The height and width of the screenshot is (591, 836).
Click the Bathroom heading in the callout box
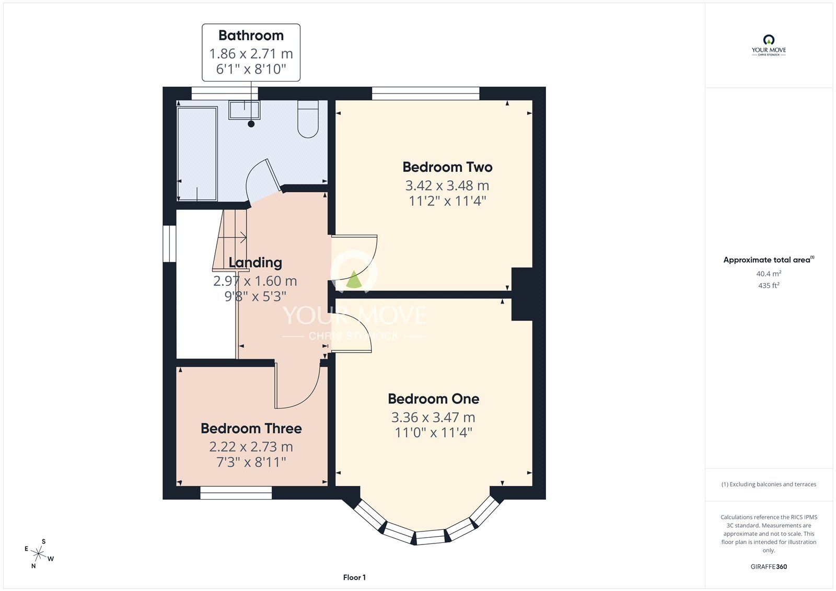tap(251, 36)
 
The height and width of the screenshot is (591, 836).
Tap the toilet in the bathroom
tap(308, 119)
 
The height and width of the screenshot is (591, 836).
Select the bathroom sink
tap(244, 110)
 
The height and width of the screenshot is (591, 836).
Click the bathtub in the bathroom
tap(197, 154)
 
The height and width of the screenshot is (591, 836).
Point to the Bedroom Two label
tap(447, 167)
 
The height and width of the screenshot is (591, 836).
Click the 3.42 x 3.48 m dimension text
tap(447, 185)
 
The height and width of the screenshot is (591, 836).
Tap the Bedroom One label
tap(433, 399)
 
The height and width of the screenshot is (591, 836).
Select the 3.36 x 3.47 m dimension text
tap(433, 417)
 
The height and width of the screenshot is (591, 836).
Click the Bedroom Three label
tap(251, 428)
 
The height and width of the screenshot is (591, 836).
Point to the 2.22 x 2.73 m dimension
tap(251, 447)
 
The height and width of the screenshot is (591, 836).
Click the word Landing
tap(256, 262)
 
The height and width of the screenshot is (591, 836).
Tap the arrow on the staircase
tap(232, 237)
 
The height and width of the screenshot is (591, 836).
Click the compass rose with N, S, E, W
tap(39, 553)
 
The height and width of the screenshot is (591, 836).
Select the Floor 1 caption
tap(354, 577)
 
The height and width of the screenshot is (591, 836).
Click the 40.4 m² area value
tap(769, 273)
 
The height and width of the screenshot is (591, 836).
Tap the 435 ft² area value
tap(769, 285)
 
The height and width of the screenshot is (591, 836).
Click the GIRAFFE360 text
tap(769, 566)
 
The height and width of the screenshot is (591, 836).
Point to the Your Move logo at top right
tap(769, 45)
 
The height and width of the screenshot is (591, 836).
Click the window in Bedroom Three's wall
tap(236, 493)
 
